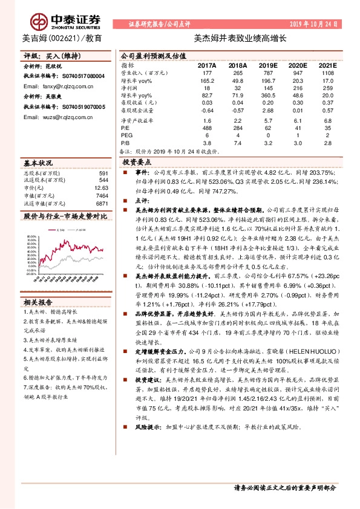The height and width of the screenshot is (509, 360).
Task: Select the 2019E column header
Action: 269,65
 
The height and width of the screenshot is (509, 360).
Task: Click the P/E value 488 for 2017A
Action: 207,128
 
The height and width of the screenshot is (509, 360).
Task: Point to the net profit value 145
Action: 269,88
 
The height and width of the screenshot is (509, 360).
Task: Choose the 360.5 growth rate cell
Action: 269,96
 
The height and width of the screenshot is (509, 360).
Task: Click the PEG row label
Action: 127,135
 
